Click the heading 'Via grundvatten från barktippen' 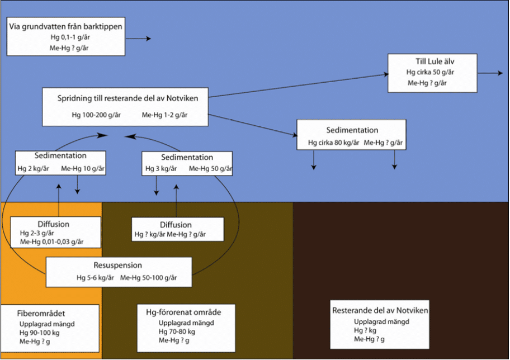(x=66, y=26)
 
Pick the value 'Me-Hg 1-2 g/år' (x=165, y=115)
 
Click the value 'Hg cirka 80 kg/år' (x=333, y=143)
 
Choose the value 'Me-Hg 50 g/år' (x=211, y=168)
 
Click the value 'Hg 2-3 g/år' (x=37, y=233)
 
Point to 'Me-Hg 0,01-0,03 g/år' (x=52, y=242)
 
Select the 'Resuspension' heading (x=118, y=266)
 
